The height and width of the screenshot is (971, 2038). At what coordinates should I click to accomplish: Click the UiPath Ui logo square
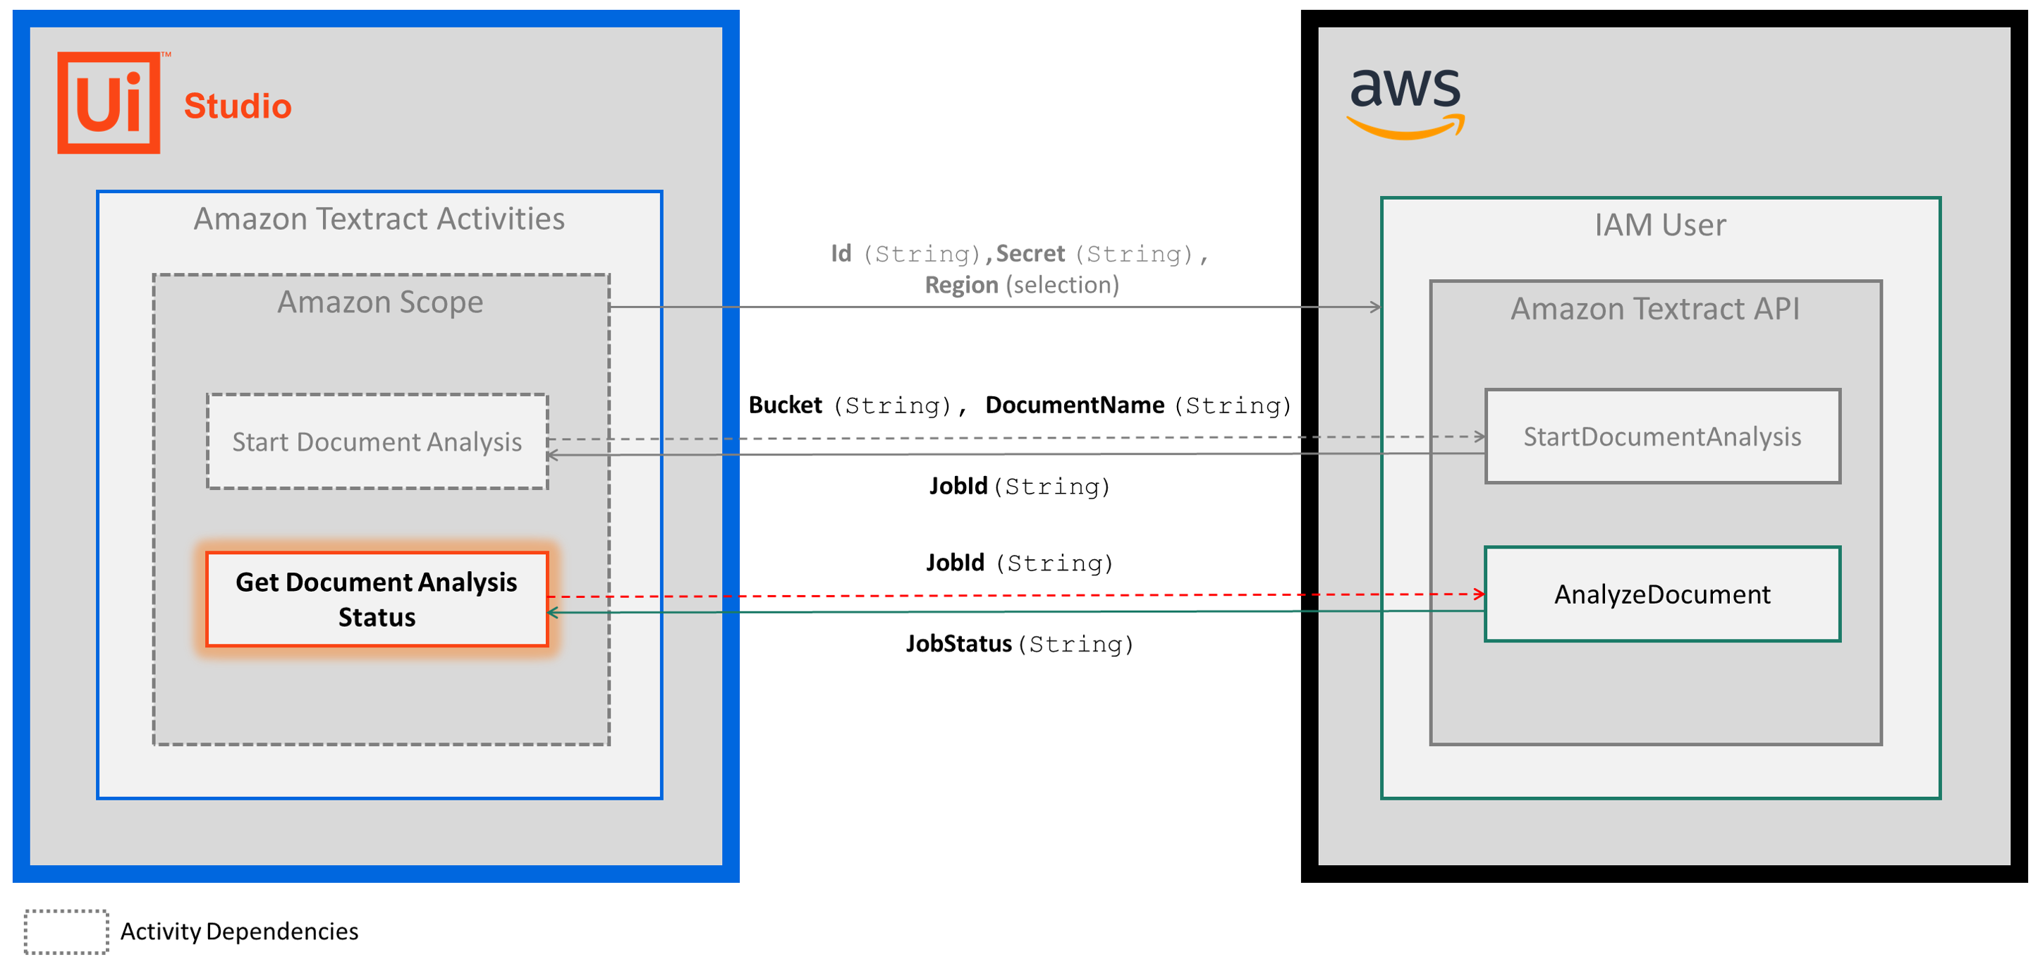(109, 103)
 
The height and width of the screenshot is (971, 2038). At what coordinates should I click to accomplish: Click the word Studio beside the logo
(238, 106)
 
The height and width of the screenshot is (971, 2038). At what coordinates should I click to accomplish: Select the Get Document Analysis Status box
(377, 599)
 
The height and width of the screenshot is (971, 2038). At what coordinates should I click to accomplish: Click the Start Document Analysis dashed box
(377, 441)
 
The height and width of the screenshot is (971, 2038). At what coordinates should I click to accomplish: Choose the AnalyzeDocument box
(1661, 594)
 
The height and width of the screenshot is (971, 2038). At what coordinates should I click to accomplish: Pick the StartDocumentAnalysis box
(1661, 436)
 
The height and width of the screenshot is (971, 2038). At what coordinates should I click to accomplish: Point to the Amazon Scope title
(380, 303)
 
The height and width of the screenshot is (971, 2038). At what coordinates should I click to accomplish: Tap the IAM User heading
(1659, 226)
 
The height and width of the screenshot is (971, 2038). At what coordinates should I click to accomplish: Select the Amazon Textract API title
(1654, 309)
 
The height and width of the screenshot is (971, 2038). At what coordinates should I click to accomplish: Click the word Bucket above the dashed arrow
(785, 405)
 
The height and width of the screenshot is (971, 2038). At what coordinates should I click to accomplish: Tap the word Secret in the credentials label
(1030, 253)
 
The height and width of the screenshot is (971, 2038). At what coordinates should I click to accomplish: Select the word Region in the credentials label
(961, 285)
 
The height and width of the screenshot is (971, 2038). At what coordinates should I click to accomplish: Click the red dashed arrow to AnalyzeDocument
(1013, 595)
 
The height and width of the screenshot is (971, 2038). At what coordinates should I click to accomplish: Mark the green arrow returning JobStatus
(1013, 611)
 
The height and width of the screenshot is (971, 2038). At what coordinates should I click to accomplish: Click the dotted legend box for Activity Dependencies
(66, 932)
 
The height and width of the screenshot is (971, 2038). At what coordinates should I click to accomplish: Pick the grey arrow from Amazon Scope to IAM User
(989, 307)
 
